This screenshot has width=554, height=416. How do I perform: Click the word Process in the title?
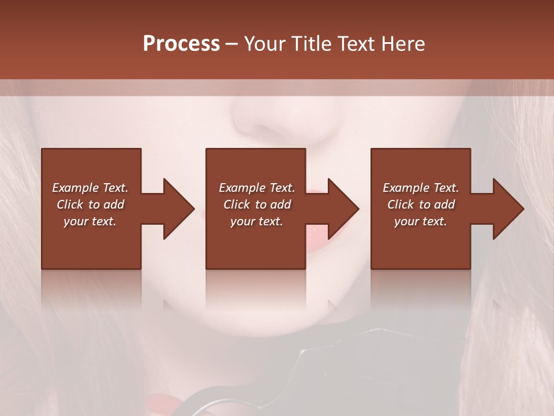point(181,44)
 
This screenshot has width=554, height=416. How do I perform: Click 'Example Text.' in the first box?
point(90,188)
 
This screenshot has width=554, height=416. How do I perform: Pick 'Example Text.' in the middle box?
point(257,188)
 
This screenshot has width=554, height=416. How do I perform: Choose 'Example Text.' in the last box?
point(421,188)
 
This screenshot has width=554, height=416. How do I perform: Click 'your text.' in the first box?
point(90,221)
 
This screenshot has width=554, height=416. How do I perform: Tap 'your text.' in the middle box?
point(257,221)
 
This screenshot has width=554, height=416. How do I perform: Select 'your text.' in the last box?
point(421,221)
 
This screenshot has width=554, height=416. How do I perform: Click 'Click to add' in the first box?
point(90,205)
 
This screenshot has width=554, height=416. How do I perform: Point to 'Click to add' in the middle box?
point(257,205)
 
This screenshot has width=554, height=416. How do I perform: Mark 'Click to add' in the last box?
point(421,205)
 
